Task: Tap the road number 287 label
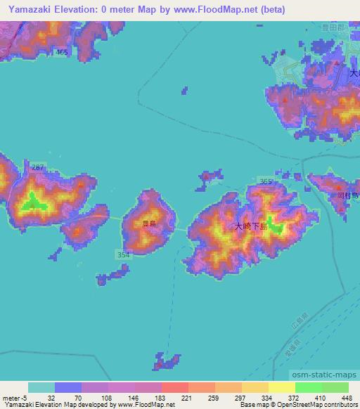38,167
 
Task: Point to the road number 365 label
266,182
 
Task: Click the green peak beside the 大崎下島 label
275,227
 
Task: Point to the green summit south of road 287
33,204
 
